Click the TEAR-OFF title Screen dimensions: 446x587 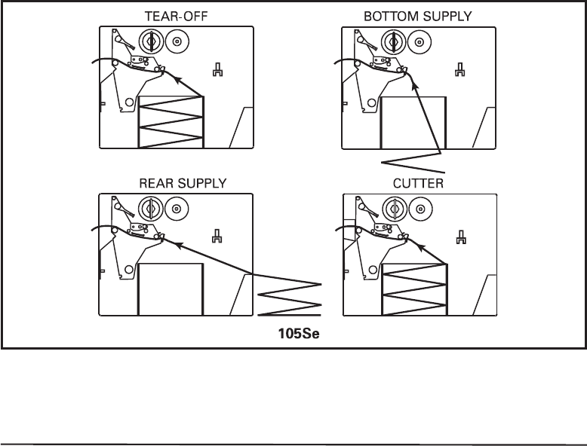pyautogui.click(x=171, y=16)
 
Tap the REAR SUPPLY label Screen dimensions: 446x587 pyautogui.click(x=171, y=183)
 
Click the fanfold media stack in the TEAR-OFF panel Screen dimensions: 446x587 pyautogui.click(x=171, y=122)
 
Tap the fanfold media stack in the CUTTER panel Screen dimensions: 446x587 pyautogui.click(x=414, y=289)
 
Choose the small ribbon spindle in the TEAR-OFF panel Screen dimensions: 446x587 pyautogui.click(x=177, y=41)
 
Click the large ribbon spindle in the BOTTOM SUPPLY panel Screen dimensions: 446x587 pyautogui.click(x=393, y=41)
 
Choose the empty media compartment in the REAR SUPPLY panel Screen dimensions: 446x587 pyautogui.click(x=171, y=289)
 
